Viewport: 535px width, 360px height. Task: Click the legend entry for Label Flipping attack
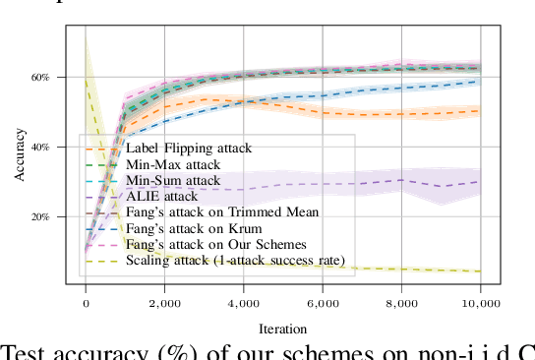pos(188,149)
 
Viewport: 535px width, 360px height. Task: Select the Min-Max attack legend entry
pos(172,164)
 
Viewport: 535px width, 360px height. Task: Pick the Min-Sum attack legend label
pos(172,181)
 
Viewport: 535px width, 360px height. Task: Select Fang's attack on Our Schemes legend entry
pos(215,244)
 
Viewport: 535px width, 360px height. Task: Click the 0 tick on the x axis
pos(86,305)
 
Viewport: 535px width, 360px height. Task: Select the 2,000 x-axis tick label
pos(164,305)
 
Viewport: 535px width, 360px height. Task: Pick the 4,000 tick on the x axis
pos(243,305)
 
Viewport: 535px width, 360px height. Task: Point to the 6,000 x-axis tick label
pos(323,305)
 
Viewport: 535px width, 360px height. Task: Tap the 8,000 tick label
pos(401,305)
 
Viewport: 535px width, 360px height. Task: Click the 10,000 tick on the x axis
pos(479,305)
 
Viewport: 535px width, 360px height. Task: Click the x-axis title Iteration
pos(282,329)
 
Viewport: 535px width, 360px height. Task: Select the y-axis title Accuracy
pos(20,157)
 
